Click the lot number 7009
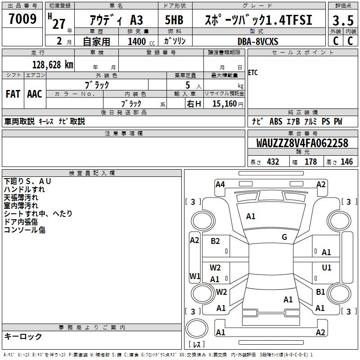pos(22,18)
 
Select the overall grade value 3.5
pos(343,20)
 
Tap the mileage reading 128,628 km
pos(53,65)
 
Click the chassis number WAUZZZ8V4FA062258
pos(302,143)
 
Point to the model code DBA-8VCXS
pos(258,41)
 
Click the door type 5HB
pos(174,20)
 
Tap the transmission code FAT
pos(13,94)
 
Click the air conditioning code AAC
pos(35,94)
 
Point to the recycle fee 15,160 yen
pos(228,104)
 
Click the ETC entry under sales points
pos(253,73)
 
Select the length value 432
pos(273,162)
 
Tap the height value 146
pos(346,162)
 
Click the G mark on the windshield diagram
pos(284,237)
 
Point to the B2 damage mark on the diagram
pos(215,241)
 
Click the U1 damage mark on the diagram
pos(327,267)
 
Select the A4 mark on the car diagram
pos(220,184)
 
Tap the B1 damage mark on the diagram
pos(320,292)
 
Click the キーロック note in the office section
pos(23,336)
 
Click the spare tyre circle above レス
pos(197,328)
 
